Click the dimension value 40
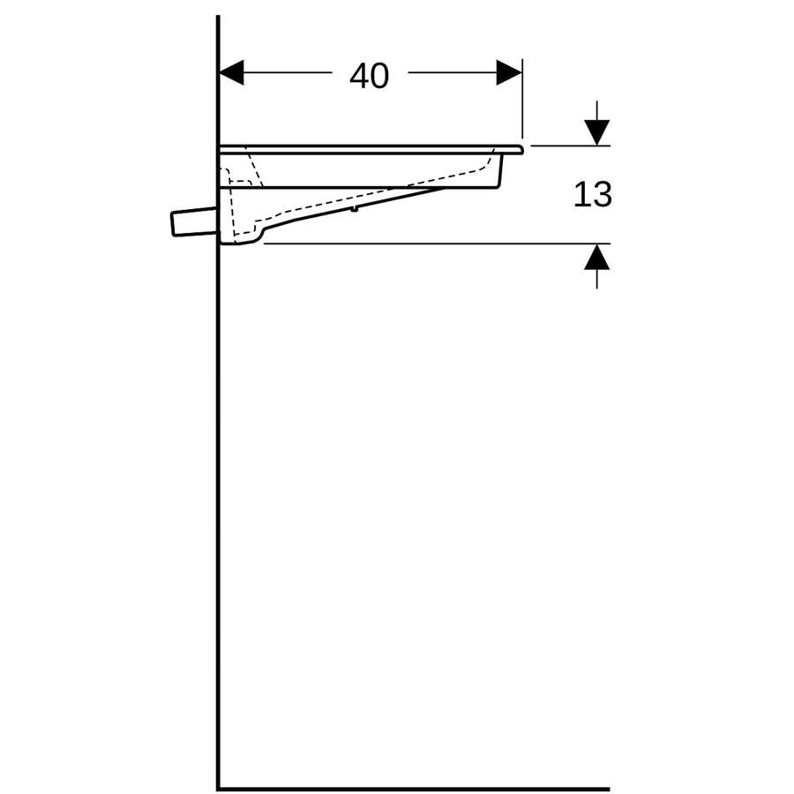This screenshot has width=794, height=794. click(369, 76)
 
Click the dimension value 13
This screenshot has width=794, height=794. click(593, 194)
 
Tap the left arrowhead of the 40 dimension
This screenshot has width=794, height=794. click(231, 72)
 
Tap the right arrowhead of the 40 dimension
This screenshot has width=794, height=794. click(509, 72)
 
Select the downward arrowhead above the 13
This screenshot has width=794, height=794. click(596, 132)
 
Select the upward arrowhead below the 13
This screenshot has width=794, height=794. click(596, 256)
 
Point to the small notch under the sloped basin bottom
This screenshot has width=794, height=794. click(355, 208)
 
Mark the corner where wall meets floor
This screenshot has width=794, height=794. click(218, 789)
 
